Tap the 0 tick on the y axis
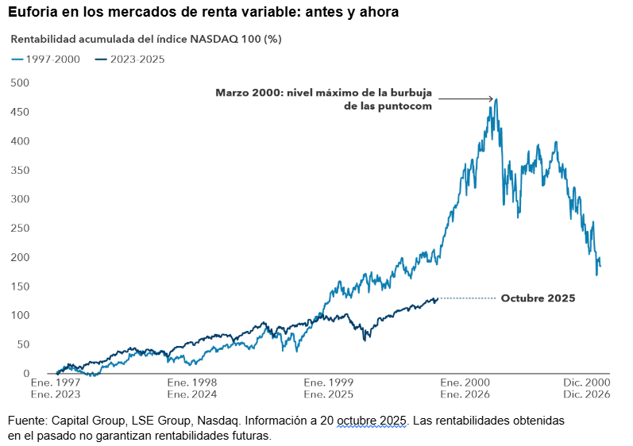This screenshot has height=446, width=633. pyautogui.click(x=25, y=373)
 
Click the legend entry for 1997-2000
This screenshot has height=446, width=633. pyautogui.click(x=46, y=59)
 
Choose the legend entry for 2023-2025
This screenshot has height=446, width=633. pyautogui.click(x=129, y=59)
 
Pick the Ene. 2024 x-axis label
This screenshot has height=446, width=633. pyautogui.click(x=192, y=394)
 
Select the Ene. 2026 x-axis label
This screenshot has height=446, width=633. pyautogui.click(x=465, y=394)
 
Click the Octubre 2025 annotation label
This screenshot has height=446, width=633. pyautogui.click(x=538, y=298)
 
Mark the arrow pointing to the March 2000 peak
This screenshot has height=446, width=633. pyautogui.click(x=466, y=99)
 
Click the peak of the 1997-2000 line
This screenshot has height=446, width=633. pyautogui.click(x=496, y=99)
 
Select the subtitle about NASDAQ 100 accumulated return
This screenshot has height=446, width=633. pyautogui.click(x=146, y=38)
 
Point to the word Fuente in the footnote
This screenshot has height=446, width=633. pyautogui.click(x=29, y=420)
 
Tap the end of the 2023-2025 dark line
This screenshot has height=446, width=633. pyautogui.click(x=437, y=298)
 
